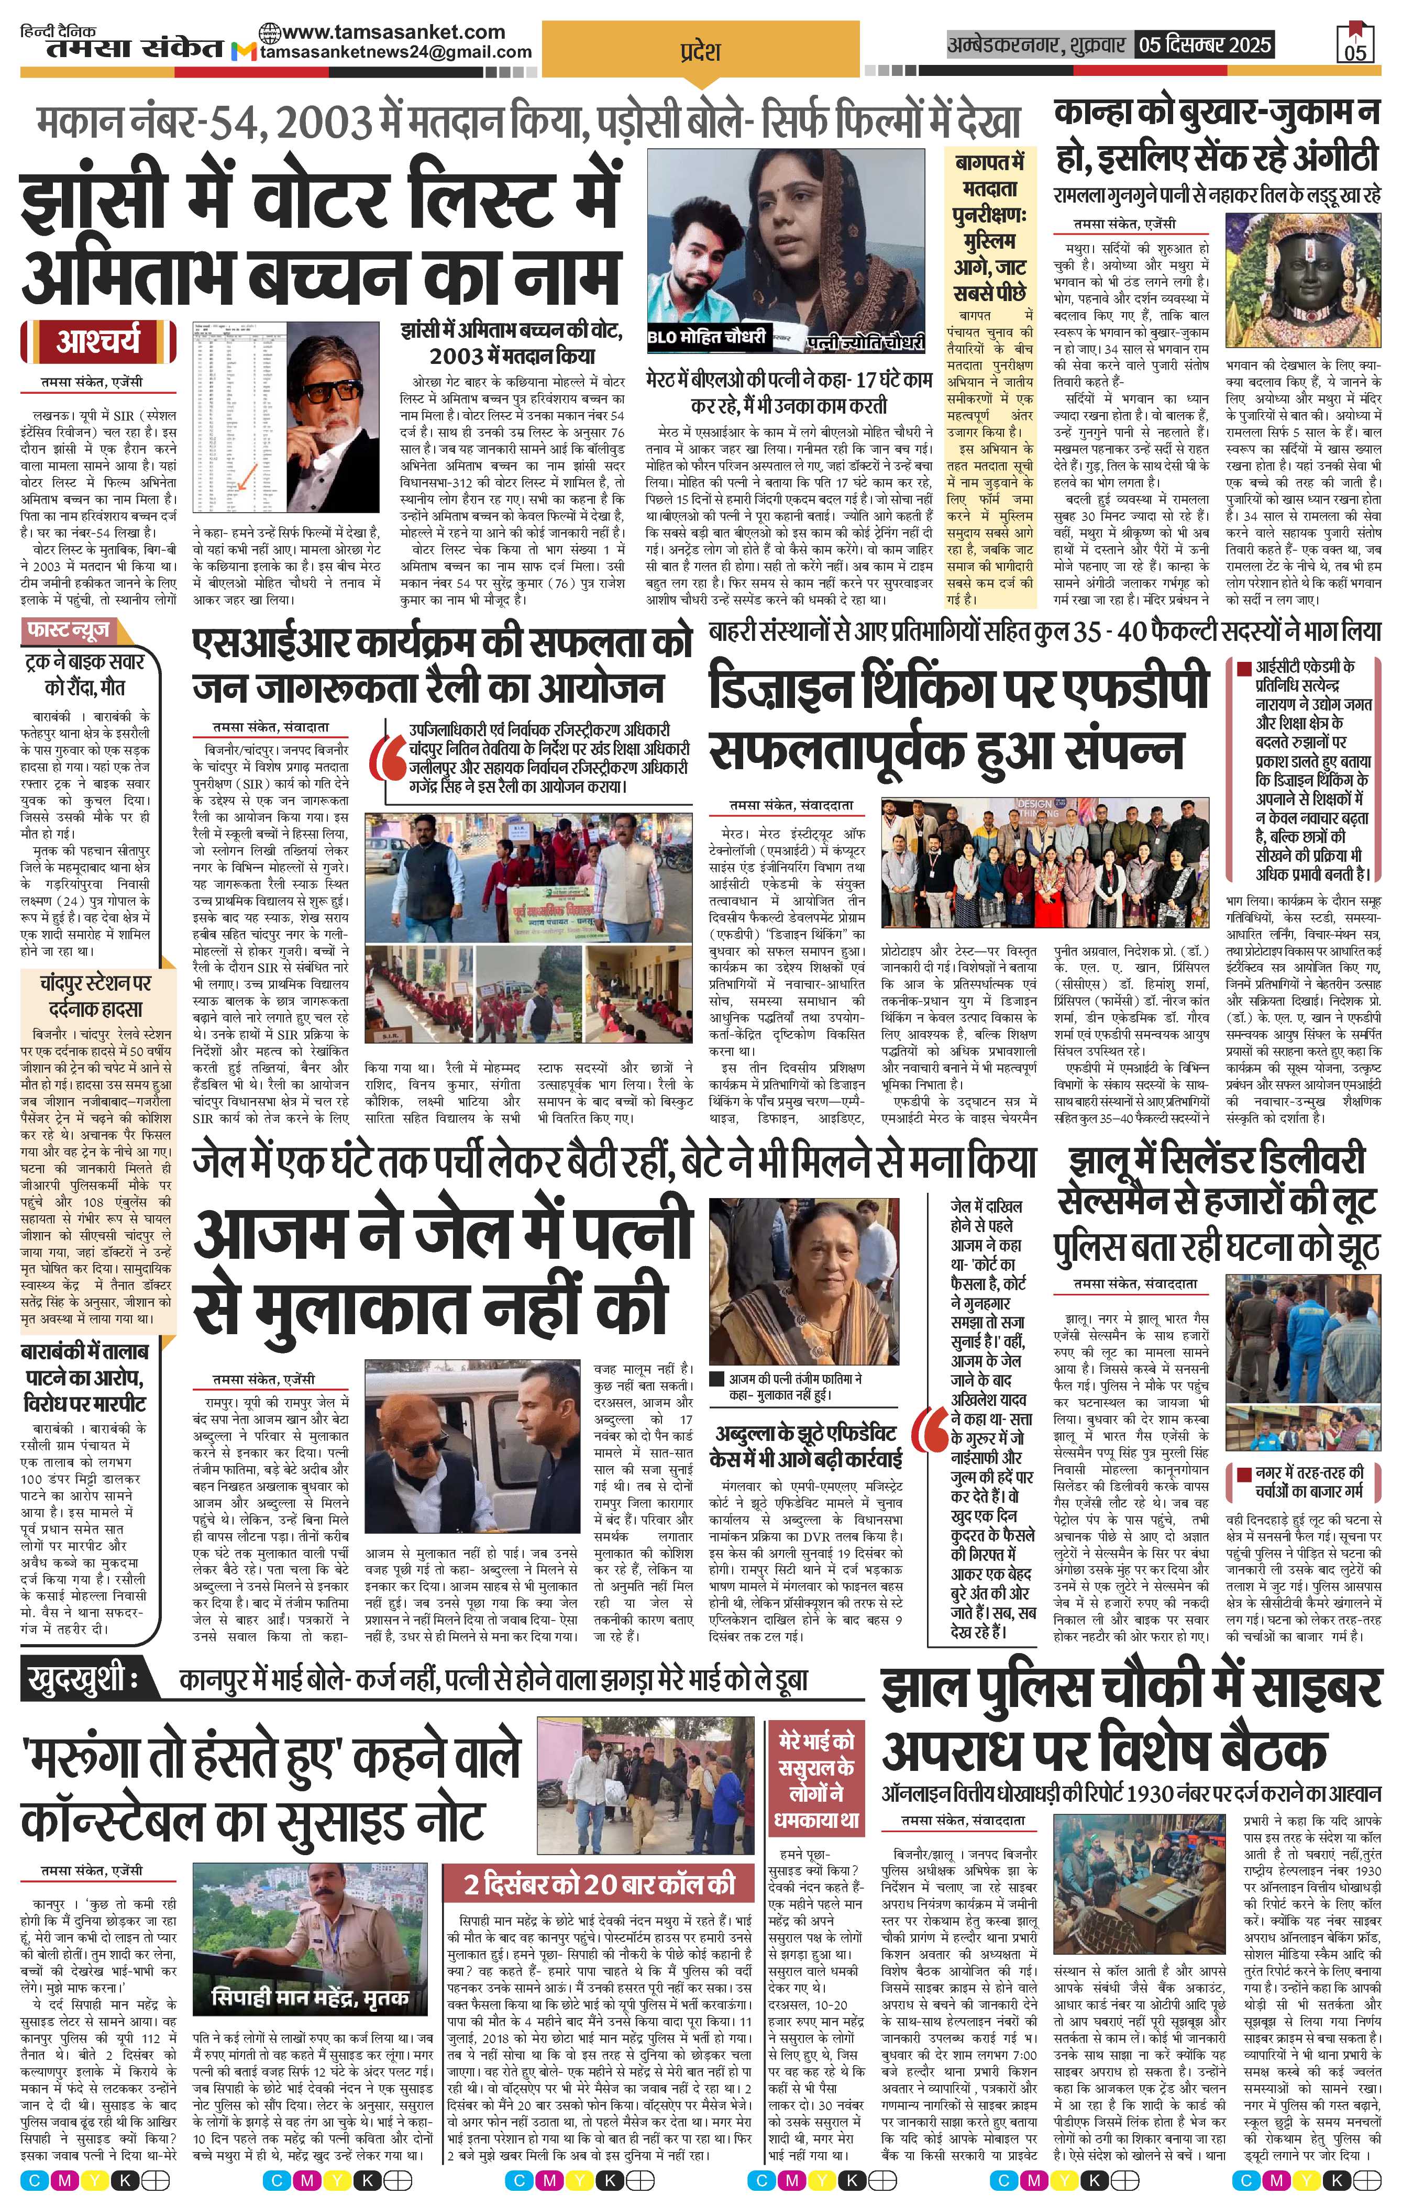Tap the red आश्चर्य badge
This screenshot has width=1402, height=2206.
[98, 342]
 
